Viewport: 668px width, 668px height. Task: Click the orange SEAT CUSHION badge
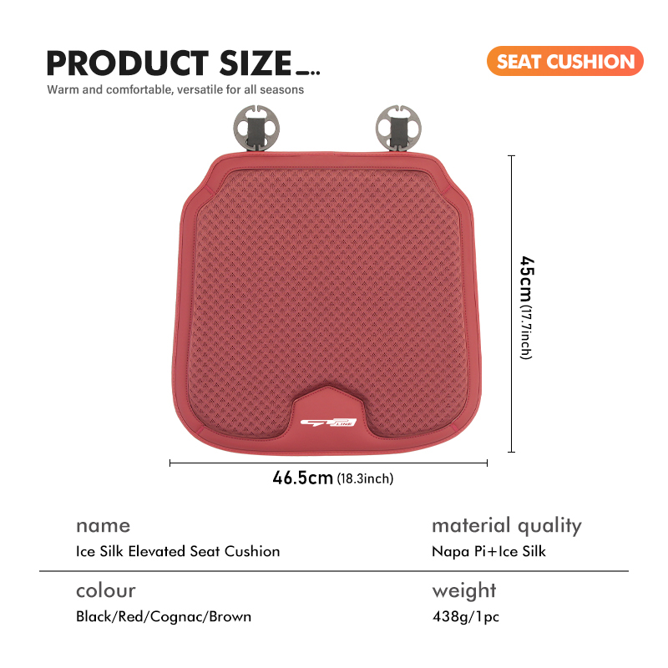coord(565,61)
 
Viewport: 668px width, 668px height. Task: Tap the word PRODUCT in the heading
coord(128,63)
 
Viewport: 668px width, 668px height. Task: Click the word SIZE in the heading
coord(256,63)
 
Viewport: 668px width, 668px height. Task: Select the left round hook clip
coord(256,129)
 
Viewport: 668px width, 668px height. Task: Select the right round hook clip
coord(398,129)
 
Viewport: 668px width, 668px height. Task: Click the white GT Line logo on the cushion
coord(328,423)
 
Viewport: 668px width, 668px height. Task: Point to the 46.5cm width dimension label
coord(302,478)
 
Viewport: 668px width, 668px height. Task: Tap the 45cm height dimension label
coord(527,281)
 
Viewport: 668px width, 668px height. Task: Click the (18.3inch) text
coord(365,478)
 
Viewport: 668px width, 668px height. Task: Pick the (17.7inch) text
coord(526,333)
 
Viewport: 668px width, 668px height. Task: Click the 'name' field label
coord(103,526)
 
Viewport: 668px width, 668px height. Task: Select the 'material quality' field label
coord(507,526)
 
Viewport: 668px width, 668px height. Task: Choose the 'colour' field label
coord(106,590)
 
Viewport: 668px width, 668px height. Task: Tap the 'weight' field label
coord(464,592)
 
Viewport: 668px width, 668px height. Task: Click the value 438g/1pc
coord(466,616)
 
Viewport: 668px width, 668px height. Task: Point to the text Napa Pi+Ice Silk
coord(488,551)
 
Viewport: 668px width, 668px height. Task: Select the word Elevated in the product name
coord(157,551)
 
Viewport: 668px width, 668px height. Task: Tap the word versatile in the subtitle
coord(200,89)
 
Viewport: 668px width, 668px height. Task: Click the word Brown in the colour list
coord(230,616)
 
